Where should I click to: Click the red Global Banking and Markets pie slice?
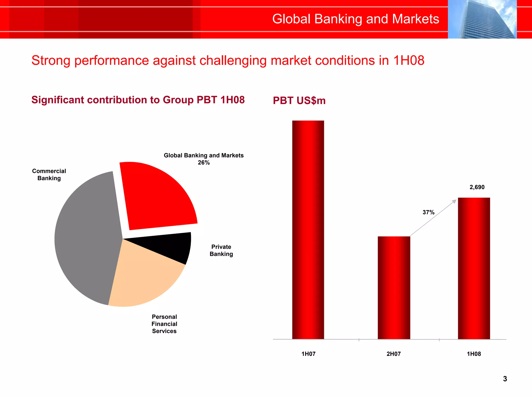[x=156, y=197]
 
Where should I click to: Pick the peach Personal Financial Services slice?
[x=145, y=280]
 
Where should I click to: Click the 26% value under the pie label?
[x=204, y=163]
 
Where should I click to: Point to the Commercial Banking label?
[x=49, y=175]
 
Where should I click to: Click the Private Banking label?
[x=221, y=250]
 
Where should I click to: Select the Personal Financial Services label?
[x=164, y=324]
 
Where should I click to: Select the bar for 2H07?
[x=394, y=288]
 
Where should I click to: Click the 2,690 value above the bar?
[x=477, y=187]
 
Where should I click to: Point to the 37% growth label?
[x=428, y=212]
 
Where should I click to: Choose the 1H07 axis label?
[x=308, y=354]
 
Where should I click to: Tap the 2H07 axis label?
[x=394, y=354]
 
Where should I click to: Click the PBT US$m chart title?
[x=299, y=101]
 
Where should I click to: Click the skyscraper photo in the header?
[x=482, y=19]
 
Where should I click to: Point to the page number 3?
[x=505, y=379]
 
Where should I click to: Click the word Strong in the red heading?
[x=51, y=61]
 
